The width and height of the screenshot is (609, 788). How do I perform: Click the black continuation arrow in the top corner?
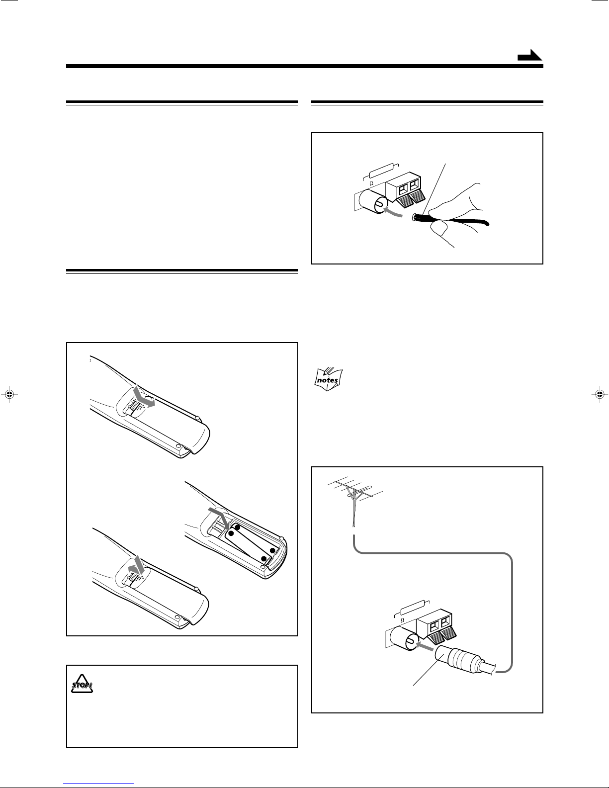[x=530, y=55]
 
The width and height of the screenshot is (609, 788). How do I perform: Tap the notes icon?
[x=328, y=379]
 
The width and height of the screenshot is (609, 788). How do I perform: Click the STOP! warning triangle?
[x=82, y=684]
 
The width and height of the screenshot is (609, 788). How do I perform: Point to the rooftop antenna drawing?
[x=354, y=501]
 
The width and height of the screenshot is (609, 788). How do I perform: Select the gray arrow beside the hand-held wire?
[x=393, y=212]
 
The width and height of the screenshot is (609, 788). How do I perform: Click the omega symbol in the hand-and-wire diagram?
[x=371, y=183]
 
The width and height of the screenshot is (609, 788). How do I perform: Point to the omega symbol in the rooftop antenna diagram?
[x=402, y=620]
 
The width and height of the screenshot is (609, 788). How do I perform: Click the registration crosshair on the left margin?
[x=10, y=394]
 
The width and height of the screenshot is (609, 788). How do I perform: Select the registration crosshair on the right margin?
[x=599, y=394]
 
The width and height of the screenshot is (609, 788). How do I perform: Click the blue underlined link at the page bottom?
[x=98, y=783]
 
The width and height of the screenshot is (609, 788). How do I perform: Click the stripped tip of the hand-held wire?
[x=414, y=218]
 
